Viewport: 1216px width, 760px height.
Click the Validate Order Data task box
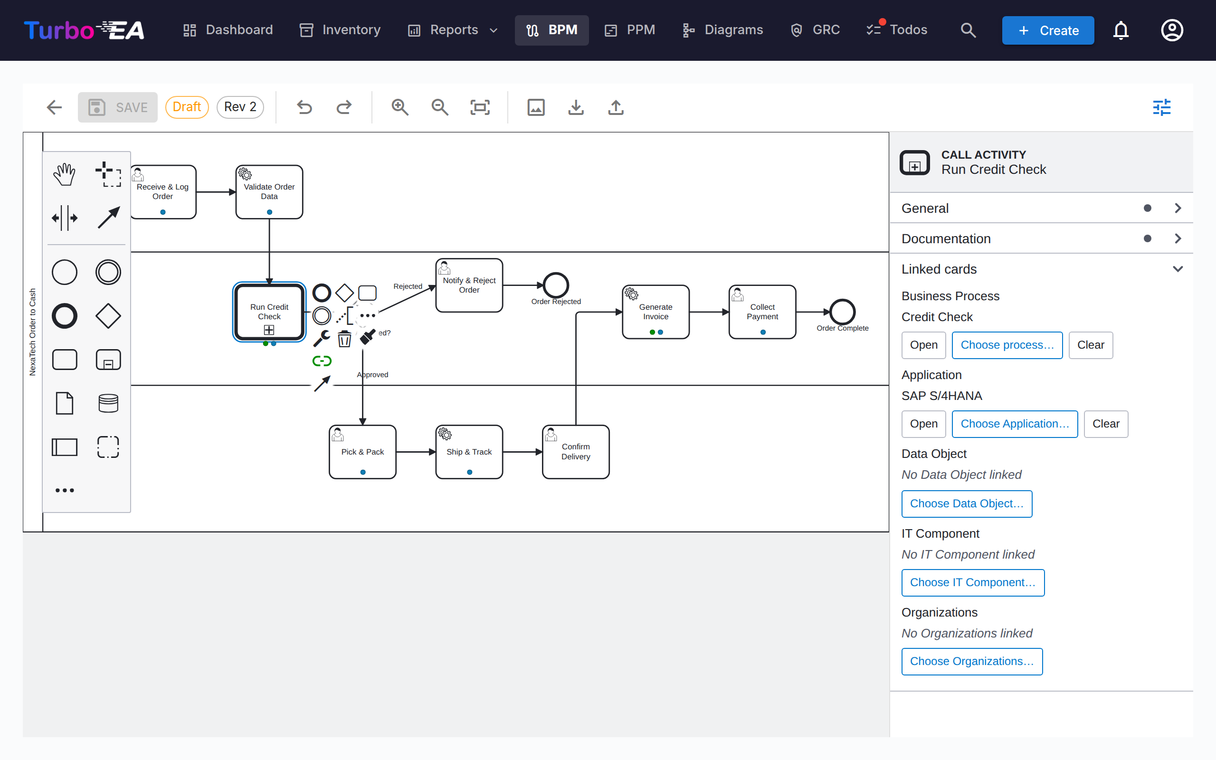[x=269, y=192]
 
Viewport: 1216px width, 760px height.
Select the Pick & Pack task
[x=362, y=452]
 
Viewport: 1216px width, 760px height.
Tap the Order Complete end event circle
[x=842, y=312]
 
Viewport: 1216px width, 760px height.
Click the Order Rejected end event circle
[x=556, y=285]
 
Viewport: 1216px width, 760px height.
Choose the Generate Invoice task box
[x=655, y=312]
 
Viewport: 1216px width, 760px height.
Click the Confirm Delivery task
[x=576, y=452]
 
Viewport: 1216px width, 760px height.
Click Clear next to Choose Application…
[x=1105, y=424]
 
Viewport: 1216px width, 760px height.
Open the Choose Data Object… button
[x=966, y=503]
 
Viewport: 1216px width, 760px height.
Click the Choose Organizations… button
[x=972, y=662]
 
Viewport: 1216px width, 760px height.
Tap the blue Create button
[x=1048, y=30]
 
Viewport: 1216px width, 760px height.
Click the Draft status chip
[x=187, y=107]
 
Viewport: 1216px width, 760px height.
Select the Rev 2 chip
[x=240, y=107]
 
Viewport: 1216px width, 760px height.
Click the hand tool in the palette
[x=65, y=174]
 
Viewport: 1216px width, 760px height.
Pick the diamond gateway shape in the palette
[x=108, y=316]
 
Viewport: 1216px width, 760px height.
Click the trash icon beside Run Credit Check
[x=344, y=339]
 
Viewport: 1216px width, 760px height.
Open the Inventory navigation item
[x=340, y=30]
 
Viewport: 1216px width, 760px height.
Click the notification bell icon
[x=1121, y=30]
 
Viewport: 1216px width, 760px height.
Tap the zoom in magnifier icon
[x=400, y=107]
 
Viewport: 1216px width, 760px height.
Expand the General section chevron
[x=1178, y=208]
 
